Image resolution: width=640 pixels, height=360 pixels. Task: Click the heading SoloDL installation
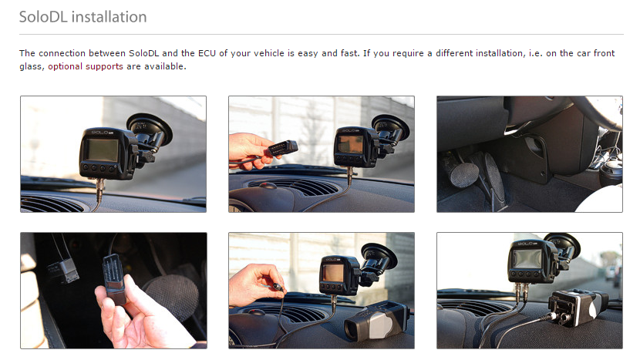point(83,17)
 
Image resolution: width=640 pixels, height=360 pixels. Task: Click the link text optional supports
point(86,66)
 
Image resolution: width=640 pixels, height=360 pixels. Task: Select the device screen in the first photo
point(103,150)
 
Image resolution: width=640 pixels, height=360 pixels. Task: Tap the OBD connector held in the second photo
point(282,148)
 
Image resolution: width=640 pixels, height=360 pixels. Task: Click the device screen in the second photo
point(350,144)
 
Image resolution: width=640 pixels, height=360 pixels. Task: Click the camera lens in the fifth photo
point(355,330)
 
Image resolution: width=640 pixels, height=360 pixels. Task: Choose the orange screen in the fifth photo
point(333,273)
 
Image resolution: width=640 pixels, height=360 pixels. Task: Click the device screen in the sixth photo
point(527,259)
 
